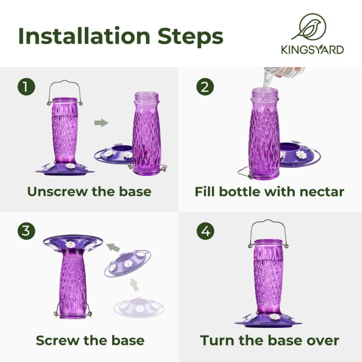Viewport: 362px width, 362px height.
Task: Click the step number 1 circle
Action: click(26, 86)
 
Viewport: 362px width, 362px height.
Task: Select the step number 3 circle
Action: click(26, 230)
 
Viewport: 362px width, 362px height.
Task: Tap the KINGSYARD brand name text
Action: click(312, 51)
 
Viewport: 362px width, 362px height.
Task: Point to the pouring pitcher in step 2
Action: click(282, 73)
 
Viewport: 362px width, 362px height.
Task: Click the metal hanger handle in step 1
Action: click(65, 88)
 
